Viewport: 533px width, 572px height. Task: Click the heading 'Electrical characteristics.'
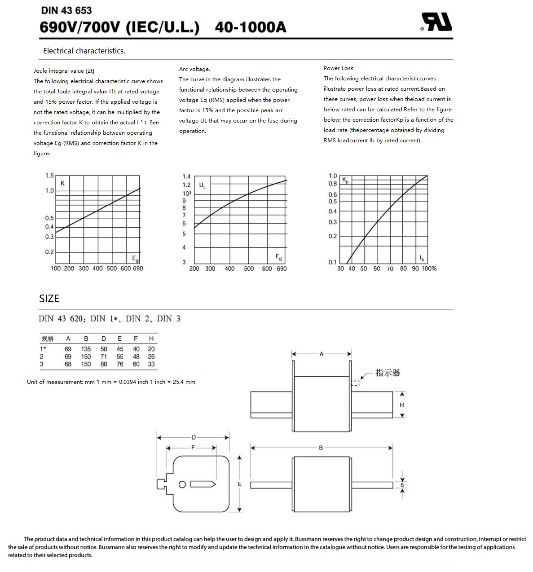tap(84, 51)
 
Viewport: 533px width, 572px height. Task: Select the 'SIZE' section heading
tap(49, 299)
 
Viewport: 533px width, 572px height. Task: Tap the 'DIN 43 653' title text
tap(66, 10)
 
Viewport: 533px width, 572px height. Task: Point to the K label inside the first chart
tap(62, 183)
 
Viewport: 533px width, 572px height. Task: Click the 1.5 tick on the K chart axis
tap(49, 176)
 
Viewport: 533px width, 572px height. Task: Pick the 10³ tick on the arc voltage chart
tap(186, 193)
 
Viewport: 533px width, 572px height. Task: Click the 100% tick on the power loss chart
tap(429, 268)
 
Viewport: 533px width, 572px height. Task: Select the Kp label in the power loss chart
tap(345, 180)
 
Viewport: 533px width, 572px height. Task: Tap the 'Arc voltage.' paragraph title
tap(194, 69)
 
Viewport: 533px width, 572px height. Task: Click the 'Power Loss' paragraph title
tap(339, 68)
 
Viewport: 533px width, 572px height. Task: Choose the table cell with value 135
tap(86, 349)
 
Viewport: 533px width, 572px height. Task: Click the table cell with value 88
tap(104, 364)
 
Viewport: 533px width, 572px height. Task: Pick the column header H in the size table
tap(151, 339)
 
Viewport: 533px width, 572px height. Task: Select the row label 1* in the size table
tap(43, 349)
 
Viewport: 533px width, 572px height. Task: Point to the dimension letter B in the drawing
tap(321, 448)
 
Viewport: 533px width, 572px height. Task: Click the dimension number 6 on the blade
tap(402, 485)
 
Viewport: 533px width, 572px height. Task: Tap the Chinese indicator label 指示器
tap(388, 373)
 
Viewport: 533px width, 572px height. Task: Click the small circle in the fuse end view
tap(182, 484)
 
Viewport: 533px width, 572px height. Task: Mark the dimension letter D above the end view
tap(194, 437)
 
